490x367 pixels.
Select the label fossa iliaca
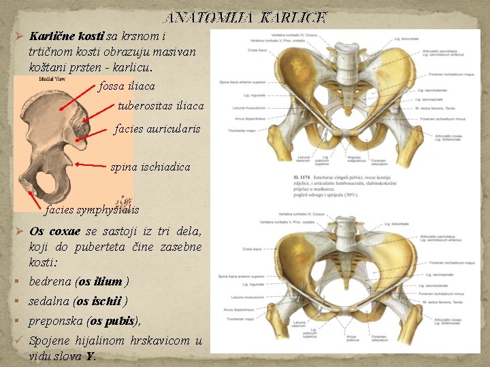coord(127,86)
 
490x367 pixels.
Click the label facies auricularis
coord(157,128)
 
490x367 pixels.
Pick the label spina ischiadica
coord(150,166)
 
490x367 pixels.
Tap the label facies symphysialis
coord(92,209)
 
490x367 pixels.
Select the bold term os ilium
coord(101,281)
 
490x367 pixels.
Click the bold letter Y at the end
coord(91,356)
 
